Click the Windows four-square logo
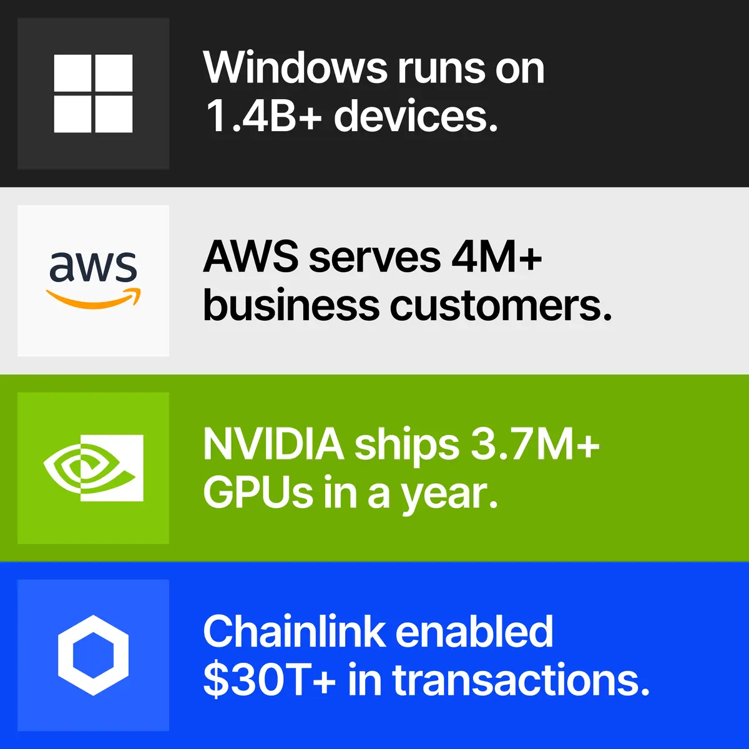coord(93,93)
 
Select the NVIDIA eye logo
coord(93,468)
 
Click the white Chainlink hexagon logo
coord(93,655)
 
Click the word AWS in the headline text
coord(251,257)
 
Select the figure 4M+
coord(497,257)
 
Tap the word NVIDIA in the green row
coord(273,444)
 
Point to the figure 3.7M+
coord(535,444)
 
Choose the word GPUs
coord(258,491)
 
